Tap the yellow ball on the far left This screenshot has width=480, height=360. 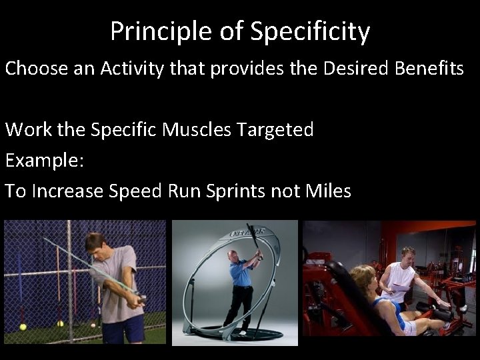(23, 327)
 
